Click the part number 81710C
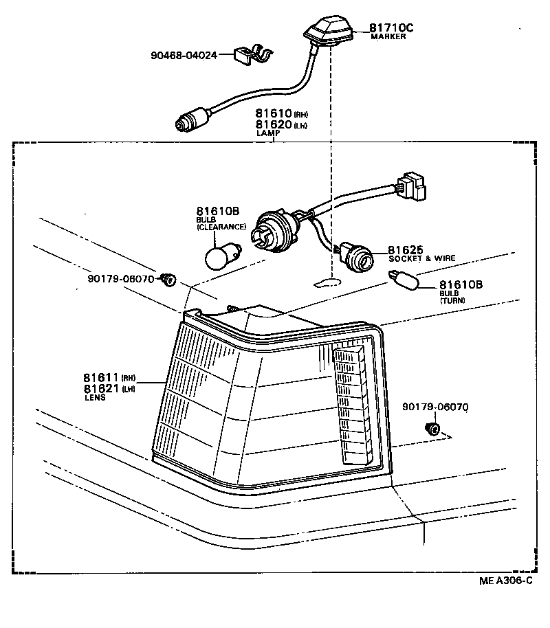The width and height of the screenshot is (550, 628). tap(391, 27)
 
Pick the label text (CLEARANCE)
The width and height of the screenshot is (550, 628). tap(221, 227)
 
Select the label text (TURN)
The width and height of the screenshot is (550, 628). tap(452, 301)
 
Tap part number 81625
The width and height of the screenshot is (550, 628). tap(406, 250)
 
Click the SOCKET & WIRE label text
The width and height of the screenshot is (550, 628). tap(421, 259)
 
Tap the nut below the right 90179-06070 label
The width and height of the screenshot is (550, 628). tap(432, 429)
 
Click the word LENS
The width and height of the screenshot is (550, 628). tap(95, 398)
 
